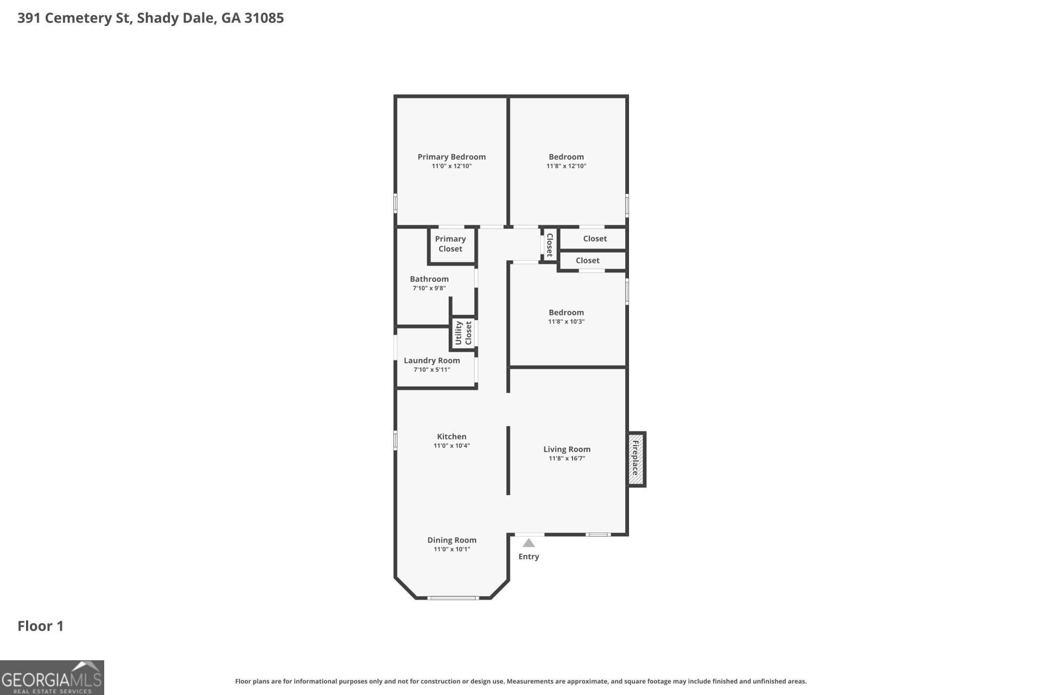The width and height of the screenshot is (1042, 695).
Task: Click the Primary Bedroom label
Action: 452,157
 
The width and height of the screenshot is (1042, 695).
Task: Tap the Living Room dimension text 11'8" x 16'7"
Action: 567,458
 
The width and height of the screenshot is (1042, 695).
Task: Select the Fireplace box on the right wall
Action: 637,459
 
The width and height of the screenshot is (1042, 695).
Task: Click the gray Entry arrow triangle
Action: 529,542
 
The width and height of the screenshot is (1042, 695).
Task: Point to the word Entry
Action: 529,557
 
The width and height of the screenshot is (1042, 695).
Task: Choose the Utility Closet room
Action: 463,333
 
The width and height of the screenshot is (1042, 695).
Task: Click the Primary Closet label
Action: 450,244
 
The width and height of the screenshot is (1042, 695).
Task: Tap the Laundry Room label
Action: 432,361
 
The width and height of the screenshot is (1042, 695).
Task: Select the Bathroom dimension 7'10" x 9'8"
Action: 429,288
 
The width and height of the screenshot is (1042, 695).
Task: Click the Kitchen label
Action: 452,437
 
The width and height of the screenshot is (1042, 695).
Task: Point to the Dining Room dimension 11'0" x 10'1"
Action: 452,549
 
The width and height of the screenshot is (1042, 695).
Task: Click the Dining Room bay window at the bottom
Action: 453,598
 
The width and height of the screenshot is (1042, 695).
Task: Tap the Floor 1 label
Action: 41,626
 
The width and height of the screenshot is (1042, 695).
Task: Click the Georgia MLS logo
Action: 52,678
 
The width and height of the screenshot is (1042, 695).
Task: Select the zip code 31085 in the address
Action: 264,18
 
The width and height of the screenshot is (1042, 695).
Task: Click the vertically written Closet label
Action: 549,245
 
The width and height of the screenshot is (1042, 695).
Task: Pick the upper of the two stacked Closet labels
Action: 595,239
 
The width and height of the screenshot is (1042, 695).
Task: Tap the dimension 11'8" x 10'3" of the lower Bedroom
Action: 566,321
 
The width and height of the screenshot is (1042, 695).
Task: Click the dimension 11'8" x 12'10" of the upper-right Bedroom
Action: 566,166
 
